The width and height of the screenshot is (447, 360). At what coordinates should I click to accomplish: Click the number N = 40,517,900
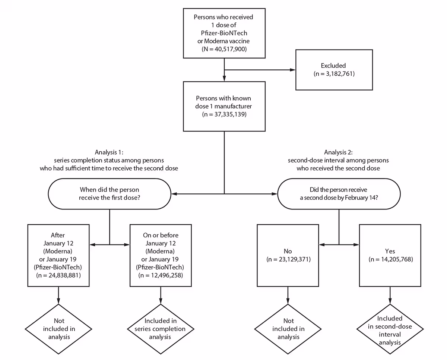tap(224, 49)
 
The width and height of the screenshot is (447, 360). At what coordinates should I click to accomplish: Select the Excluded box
tap(334, 69)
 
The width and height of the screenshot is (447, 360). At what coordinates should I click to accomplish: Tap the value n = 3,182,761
tap(334, 74)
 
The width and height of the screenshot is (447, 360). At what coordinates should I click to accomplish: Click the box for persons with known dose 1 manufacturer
tap(224, 106)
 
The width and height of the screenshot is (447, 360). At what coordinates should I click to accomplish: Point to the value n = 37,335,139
tap(224, 115)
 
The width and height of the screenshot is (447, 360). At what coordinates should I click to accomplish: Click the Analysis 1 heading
tap(109, 152)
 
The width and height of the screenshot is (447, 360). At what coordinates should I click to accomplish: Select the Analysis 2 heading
tap(338, 152)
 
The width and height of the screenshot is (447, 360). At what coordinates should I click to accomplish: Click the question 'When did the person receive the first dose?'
tap(109, 193)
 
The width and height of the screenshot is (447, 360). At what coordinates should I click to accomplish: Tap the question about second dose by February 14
tap(339, 193)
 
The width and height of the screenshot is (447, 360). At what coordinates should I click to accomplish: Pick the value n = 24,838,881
tap(58, 275)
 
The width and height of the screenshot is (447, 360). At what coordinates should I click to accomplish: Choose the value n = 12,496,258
tap(161, 275)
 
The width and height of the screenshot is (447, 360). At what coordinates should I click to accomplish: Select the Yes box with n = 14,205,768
tap(390, 255)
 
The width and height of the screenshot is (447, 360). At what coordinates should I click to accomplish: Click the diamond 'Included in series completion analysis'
tap(161, 328)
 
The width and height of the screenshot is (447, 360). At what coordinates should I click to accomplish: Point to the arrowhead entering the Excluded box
tap(292, 69)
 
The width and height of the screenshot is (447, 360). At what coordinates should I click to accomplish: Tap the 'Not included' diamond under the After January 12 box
tap(58, 328)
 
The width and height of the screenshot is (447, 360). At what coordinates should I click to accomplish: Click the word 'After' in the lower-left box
tap(58, 235)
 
